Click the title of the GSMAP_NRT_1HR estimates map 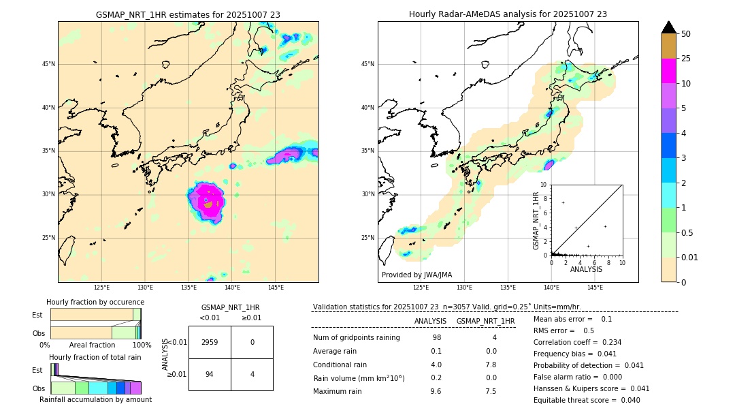[188, 14]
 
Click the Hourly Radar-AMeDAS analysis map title [508, 14]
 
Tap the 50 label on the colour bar [686, 34]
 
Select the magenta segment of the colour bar [668, 71]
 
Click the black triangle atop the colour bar [668, 27]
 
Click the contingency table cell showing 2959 [210, 342]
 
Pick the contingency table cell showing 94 [210, 374]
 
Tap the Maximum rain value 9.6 [436, 391]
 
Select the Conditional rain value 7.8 [491, 365]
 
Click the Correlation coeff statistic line [577, 342]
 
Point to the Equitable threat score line [587, 400]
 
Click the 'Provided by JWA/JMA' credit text [416, 275]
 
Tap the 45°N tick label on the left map [48, 64]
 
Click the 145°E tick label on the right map [595, 288]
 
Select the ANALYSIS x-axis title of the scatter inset [586, 269]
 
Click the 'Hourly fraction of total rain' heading [95, 357]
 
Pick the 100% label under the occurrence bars [142, 345]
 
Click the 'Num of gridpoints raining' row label [357, 338]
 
